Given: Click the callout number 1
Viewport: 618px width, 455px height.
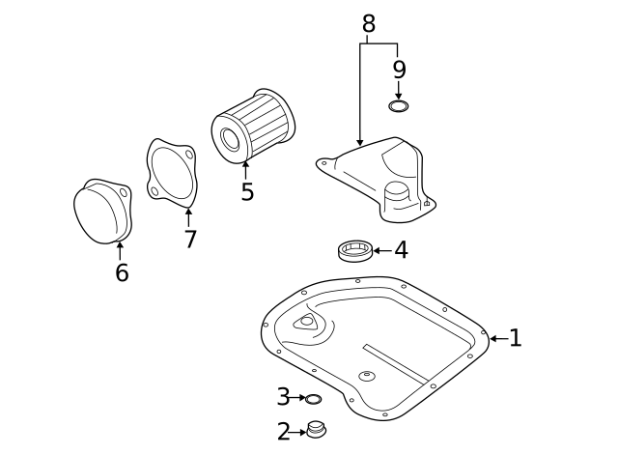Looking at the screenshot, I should (x=515, y=338).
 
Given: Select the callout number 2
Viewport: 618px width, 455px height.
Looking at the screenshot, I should (x=283, y=432).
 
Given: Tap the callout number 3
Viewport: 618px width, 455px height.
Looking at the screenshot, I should (x=283, y=397).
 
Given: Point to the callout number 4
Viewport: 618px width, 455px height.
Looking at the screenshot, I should (x=401, y=250).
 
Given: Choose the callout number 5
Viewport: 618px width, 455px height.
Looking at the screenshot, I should (x=247, y=192).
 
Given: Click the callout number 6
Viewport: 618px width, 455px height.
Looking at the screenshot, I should (x=122, y=273).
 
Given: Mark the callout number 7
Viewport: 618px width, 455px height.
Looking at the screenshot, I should (x=190, y=240).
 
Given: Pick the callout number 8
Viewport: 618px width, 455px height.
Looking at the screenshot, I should (x=368, y=24).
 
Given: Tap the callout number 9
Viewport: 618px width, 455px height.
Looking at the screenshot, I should (x=399, y=70).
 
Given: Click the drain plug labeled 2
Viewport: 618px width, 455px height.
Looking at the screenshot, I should (x=316, y=429).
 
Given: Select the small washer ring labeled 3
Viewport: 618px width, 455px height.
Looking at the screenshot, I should (x=314, y=398).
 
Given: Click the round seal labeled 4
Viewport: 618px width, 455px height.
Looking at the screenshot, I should (x=354, y=251).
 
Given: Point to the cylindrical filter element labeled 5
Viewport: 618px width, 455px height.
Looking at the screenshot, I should (x=253, y=126).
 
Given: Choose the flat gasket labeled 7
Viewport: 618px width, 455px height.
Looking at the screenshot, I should (x=172, y=172).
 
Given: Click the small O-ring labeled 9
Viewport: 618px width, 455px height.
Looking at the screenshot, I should (x=399, y=104).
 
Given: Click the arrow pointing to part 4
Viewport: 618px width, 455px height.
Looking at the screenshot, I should (x=380, y=251).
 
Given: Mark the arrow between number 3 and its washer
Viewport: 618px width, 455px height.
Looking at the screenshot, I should (x=298, y=398).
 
